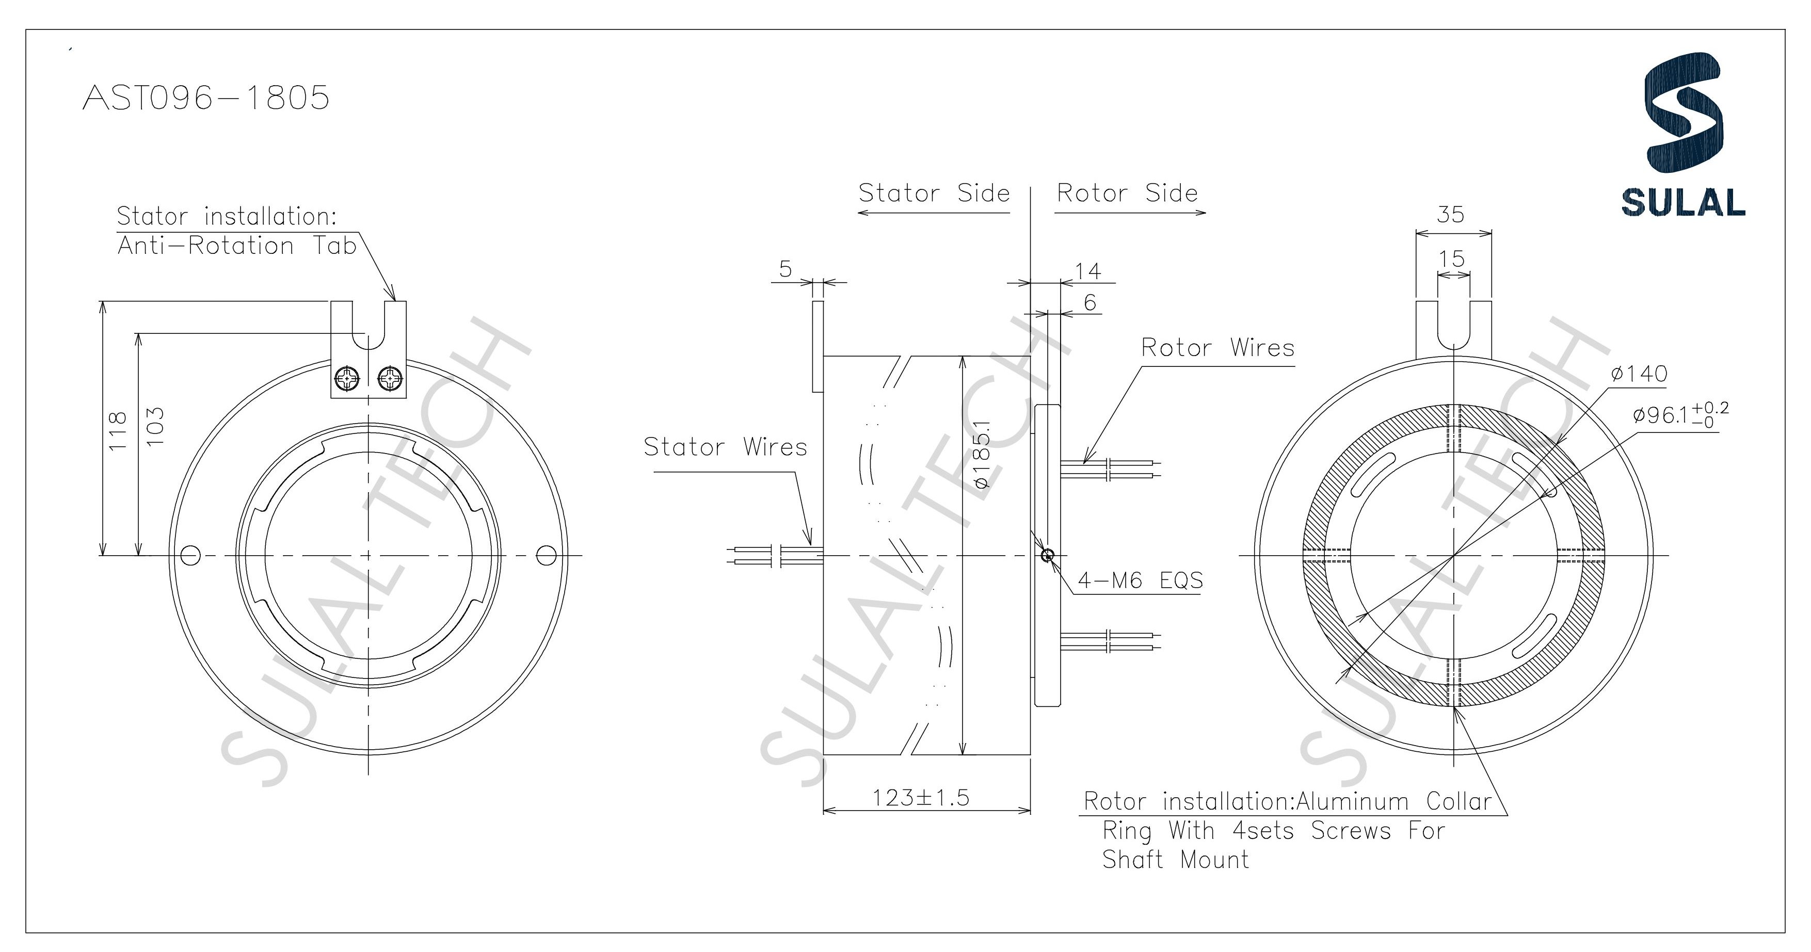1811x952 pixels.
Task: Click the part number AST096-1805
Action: click(206, 98)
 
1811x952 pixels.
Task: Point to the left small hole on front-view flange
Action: click(190, 555)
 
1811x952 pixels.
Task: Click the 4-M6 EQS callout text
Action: click(1140, 581)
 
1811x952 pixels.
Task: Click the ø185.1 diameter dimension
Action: click(982, 454)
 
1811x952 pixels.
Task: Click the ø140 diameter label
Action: click(1639, 374)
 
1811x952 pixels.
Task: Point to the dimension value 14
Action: click(1087, 271)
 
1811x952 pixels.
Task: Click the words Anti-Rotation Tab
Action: click(237, 246)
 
